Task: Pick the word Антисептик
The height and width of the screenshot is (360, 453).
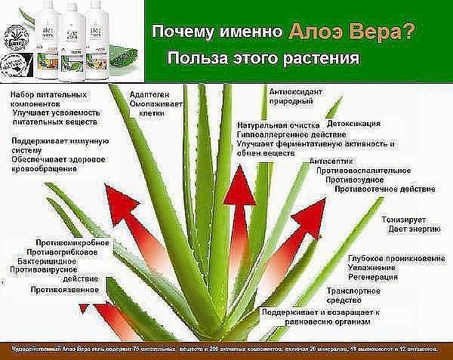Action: click(x=334, y=162)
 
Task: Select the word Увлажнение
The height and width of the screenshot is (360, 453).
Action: click(x=371, y=267)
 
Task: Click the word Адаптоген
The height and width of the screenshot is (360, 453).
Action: click(x=147, y=94)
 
